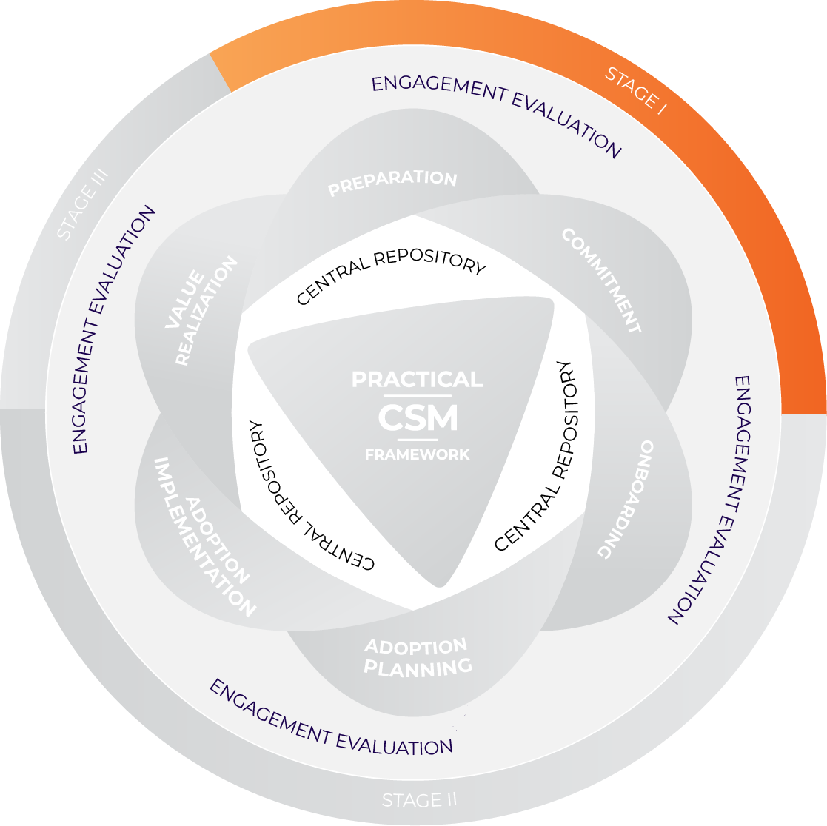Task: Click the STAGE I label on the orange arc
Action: pyautogui.click(x=636, y=90)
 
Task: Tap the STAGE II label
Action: pyautogui.click(x=419, y=800)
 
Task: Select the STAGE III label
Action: pyautogui.click(x=83, y=204)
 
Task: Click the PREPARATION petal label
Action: pyautogui.click(x=393, y=182)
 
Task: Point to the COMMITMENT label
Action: pyautogui.click(x=600, y=281)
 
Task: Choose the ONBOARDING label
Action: pyautogui.click(x=626, y=500)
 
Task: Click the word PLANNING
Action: pyautogui.click(x=418, y=668)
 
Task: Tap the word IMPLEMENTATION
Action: pyautogui.click(x=204, y=537)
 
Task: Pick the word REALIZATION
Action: pyautogui.click(x=207, y=312)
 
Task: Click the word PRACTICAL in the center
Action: pyautogui.click(x=417, y=380)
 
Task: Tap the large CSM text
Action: pyautogui.click(x=418, y=419)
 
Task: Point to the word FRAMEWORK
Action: pyautogui.click(x=417, y=454)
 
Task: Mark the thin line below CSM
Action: pyautogui.click(x=418, y=440)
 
